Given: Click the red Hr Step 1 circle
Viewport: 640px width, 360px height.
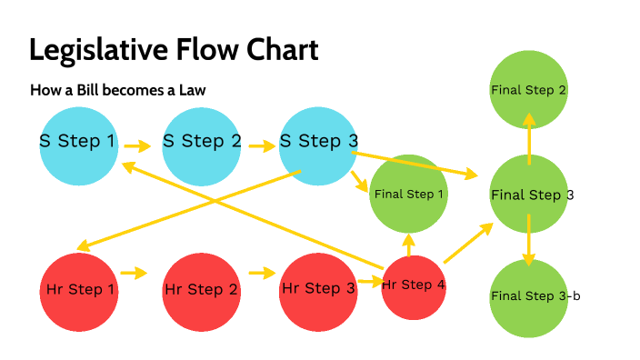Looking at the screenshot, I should pos(80,291).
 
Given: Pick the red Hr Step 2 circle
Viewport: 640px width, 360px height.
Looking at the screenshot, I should pos(201,291).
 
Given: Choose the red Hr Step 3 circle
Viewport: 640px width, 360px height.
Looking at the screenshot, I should pos(318,291).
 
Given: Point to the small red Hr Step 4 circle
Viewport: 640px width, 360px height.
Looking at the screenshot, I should pos(413,287).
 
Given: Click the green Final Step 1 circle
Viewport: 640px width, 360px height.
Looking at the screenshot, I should pos(409,194).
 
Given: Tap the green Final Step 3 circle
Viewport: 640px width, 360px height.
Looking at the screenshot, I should pos(528,195).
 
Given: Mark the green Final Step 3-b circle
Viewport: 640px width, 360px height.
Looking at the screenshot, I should pos(528,296).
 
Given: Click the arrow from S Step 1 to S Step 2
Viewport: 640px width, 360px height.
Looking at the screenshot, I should pos(137,145).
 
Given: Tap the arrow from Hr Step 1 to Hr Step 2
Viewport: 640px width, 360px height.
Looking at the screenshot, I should pos(134,273).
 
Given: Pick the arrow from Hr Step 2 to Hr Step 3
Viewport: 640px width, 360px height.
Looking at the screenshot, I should pos(262,273).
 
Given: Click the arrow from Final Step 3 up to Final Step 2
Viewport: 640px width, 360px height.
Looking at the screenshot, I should pos(528,137).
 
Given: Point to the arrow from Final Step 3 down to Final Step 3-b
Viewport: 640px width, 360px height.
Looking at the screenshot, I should pos(528,240).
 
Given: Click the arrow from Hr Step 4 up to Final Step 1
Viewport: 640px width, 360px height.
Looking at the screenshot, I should pos(409,244).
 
